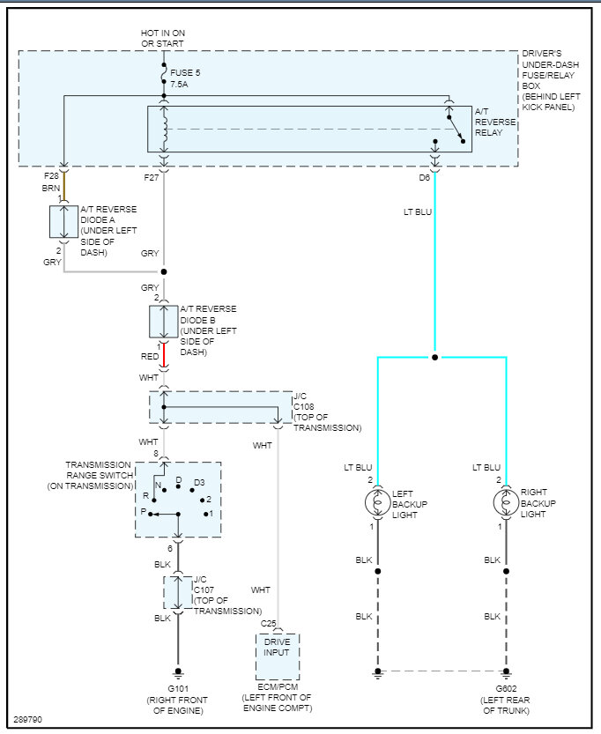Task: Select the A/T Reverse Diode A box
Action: pyautogui.click(x=63, y=222)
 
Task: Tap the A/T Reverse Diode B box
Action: pyautogui.click(x=164, y=322)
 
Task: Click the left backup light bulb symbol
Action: pyautogui.click(x=378, y=501)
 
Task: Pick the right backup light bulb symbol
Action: pyautogui.click(x=507, y=501)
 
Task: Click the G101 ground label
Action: pyautogui.click(x=177, y=687)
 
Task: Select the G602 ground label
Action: pyautogui.click(x=507, y=687)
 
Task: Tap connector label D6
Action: pyautogui.click(x=425, y=177)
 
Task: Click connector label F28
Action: pyautogui.click(x=51, y=177)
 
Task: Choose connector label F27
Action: pyautogui.click(x=151, y=177)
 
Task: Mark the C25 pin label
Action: pyautogui.click(x=268, y=624)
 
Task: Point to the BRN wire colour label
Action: pyautogui.click(x=51, y=189)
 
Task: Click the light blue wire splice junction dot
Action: pyautogui.click(x=434, y=358)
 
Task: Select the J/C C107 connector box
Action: pyautogui.click(x=177, y=593)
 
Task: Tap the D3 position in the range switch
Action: pyautogui.click(x=199, y=482)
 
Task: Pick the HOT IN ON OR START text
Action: pyautogui.click(x=164, y=39)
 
